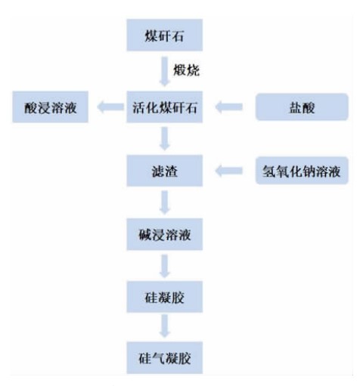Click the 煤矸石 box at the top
tap(164, 35)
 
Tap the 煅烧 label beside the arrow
tap(186, 70)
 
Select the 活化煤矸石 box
tap(164, 107)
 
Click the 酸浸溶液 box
tap(50, 107)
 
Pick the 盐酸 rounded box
tap(302, 107)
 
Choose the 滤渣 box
tap(164, 171)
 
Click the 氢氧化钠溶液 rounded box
tap(302, 171)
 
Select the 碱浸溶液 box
tap(164, 234)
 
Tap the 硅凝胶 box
tap(164, 297)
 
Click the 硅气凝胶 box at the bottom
tap(164, 357)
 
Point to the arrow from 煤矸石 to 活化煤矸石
tap(164, 72)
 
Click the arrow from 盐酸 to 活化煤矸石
tap(229, 107)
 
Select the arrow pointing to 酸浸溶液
tap(110, 107)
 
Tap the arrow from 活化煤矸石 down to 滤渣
tap(164, 138)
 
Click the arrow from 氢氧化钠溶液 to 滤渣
tap(229, 171)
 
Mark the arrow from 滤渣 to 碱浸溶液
tap(164, 202)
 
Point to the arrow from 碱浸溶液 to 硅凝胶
tap(164, 266)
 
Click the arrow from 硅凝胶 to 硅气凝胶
tap(164, 326)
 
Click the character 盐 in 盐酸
tap(296, 107)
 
